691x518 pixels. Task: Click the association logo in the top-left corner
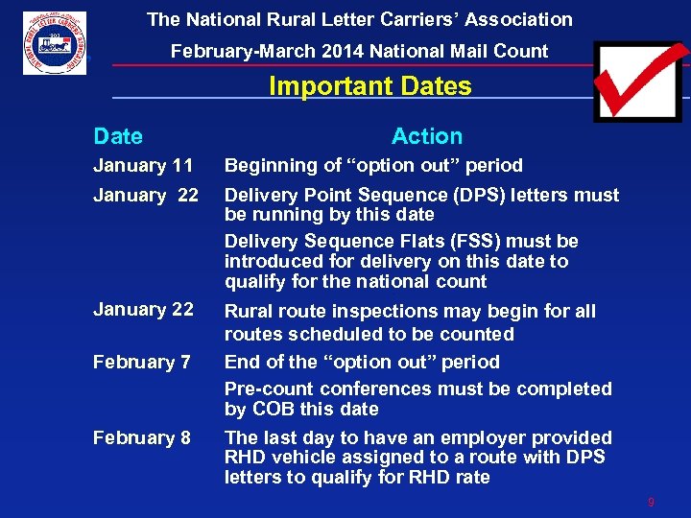(55, 43)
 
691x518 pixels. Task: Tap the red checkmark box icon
(637, 81)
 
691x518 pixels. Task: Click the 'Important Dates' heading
(369, 86)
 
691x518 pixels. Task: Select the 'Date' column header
(117, 137)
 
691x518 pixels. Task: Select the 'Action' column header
(426, 137)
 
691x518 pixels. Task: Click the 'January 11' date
(143, 166)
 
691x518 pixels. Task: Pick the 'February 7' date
(141, 362)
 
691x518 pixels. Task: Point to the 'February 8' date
(141, 437)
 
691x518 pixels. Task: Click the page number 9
(651, 502)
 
